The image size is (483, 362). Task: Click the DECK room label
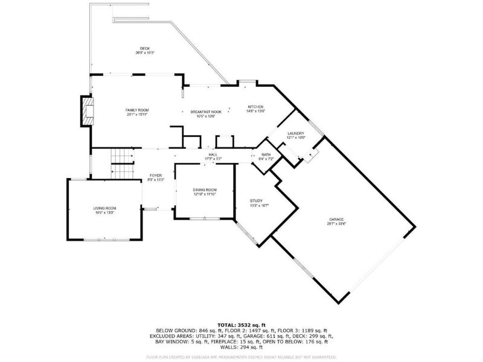click(145, 48)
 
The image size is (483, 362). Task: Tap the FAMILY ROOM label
click(136, 110)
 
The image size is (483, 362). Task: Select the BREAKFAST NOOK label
click(206, 112)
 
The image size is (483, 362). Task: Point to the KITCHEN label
click(256, 107)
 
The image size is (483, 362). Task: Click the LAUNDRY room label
click(296, 133)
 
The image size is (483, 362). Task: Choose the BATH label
click(266, 155)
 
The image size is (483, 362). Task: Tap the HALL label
click(213, 155)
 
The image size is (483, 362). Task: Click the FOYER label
click(156, 176)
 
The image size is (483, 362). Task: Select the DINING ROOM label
click(205, 190)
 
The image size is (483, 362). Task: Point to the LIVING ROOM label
click(104, 208)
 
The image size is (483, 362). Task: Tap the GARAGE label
click(336, 220)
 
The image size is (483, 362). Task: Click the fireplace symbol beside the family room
click(89, 112)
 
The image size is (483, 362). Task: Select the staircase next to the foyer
click(121, 163)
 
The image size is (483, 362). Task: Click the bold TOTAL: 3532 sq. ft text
click(241, 325)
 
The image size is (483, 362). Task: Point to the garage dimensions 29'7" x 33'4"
click(336, 224)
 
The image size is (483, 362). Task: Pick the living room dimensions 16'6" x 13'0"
click(104, 212)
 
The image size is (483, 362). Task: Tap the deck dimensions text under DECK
click(145, 53)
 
